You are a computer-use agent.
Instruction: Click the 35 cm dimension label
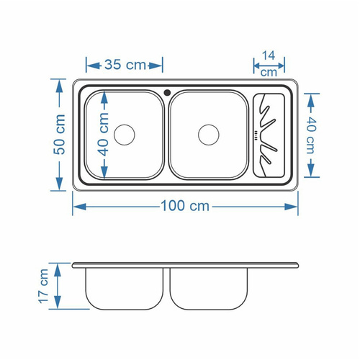[x=125, y=65]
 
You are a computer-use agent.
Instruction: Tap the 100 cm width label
[x=185, y=206]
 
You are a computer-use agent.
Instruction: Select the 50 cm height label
[x=59, y=134]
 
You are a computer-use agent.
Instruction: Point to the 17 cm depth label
[x=44, y=286]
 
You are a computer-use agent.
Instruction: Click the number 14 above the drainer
[x=269, y=55]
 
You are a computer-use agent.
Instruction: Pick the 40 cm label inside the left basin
[x=104, y=134]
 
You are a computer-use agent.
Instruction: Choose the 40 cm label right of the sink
[x=310, y=135]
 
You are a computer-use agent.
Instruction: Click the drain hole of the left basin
[x=125, y=135]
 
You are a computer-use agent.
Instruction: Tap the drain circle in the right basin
[x=209, y=135]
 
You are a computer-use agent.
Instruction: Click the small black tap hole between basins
[x=167, y=92]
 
